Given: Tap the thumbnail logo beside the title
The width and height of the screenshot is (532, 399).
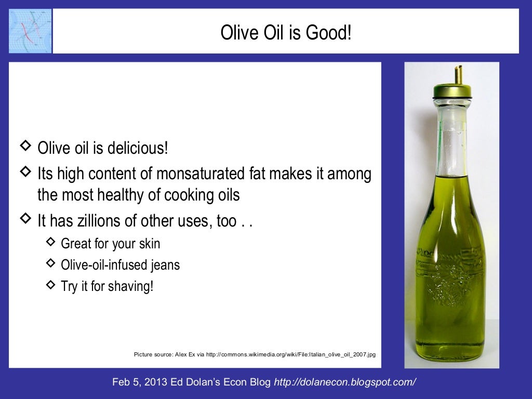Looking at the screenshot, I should click(30, 31).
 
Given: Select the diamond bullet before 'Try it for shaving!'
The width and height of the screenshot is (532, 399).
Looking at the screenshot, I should click(50, 284).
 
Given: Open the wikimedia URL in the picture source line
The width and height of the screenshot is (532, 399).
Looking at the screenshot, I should click(291, 355).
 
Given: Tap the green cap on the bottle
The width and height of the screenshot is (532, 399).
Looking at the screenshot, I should click(452, 92).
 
